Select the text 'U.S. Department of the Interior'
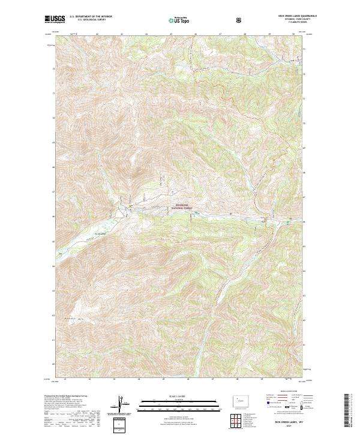tap(91, 17)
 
